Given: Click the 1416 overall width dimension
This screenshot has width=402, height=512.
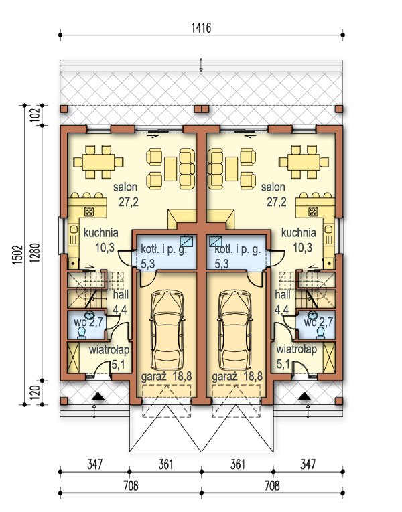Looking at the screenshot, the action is pyautogui.click(x=201, y=28).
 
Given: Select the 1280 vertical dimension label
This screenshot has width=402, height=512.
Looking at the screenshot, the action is pyautogui.click(x=36, y=253).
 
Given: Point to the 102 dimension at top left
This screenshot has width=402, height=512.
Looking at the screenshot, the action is pyautogui.click(x=36, y=114).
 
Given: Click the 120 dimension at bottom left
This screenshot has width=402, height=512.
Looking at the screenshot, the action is pyautogui.click(x=36, y=392).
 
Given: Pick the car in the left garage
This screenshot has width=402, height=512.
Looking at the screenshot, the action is pyautogui.click(x=167, y=331).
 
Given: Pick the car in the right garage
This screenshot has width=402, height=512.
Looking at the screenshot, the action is pyautogui.click(x=234, y=331).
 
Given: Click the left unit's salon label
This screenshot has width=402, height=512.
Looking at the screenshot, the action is pyautogui.click(x=125, y=187).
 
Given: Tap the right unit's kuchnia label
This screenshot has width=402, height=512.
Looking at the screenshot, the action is pyautogui.click(x=298, y=233).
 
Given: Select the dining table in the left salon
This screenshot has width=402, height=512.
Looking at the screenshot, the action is pyautogui.click(x=98, y=162).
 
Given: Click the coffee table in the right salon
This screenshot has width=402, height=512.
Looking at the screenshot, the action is pyautogui.click(x=232, y=169).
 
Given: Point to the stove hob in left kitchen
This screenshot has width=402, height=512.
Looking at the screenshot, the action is pyautogui.click(x=89, y=211).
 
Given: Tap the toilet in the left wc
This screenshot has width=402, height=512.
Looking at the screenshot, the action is pyautogui.click(x=81, y=333).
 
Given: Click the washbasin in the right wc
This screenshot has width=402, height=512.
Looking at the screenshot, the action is pyautogui.click(x=312, y=315).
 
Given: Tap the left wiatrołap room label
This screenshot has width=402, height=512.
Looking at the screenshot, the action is pyautogui.click(x=109, y=350).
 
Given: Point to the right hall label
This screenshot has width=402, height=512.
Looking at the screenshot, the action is pyautogui.click(x=283, y=295).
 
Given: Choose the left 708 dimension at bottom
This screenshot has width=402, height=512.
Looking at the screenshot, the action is pyautogui.click(x=131, y=485).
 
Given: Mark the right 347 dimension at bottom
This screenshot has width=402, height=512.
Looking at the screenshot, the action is pyautogui.click(x=308, y=464).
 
